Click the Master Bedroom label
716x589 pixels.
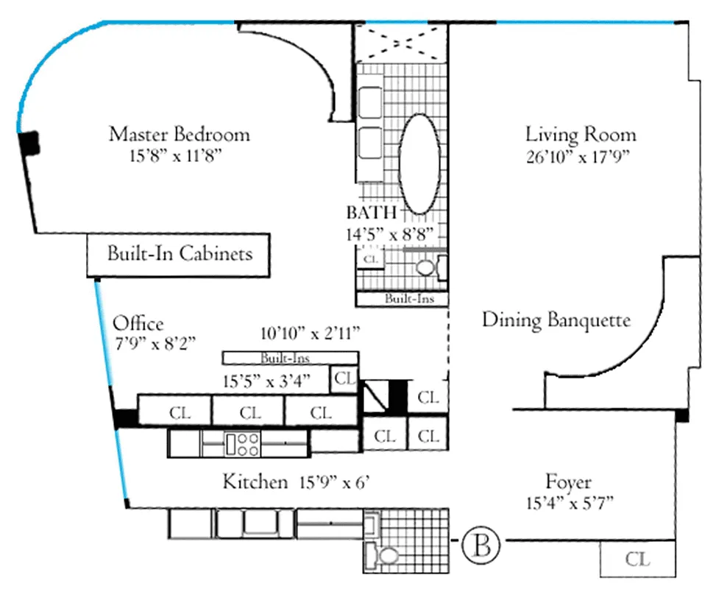tap(179, 135)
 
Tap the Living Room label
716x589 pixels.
tap(581, 135)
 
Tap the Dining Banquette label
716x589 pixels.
tap(556, 320)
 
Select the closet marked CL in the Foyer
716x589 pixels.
tap(638, 559)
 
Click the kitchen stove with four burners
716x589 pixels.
tap(243, 442)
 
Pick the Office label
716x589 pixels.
tap(138, 324)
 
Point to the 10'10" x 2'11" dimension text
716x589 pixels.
tap(310, 333)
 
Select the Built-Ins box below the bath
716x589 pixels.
tap(403, 299)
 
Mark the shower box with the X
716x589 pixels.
tap(401, 43)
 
